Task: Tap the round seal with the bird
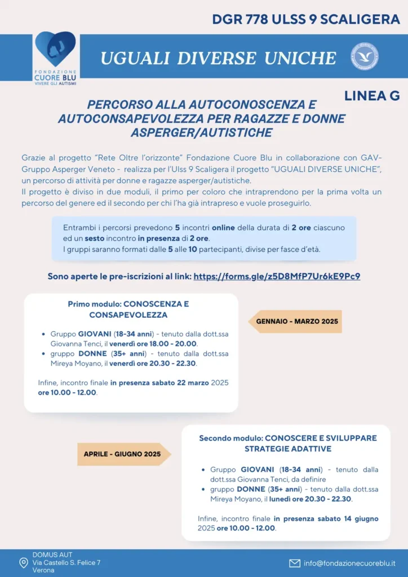click(364, 56)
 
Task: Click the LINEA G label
click(372, 96)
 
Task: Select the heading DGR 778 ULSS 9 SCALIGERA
click(306, 19)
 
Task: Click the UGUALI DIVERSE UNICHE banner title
click(218, 57)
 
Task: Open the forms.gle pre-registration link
click(277, 276)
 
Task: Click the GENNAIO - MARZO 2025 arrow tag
click(296, 321)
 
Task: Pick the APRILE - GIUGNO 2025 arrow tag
click(122, 454)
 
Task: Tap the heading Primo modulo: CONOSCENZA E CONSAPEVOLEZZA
click(128, 309)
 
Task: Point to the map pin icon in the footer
click(23, 563)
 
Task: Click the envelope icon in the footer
click(295, 563)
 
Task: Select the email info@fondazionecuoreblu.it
click(349, 563)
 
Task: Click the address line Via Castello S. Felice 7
click(66, 562)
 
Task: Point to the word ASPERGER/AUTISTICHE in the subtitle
click(201, 132)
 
